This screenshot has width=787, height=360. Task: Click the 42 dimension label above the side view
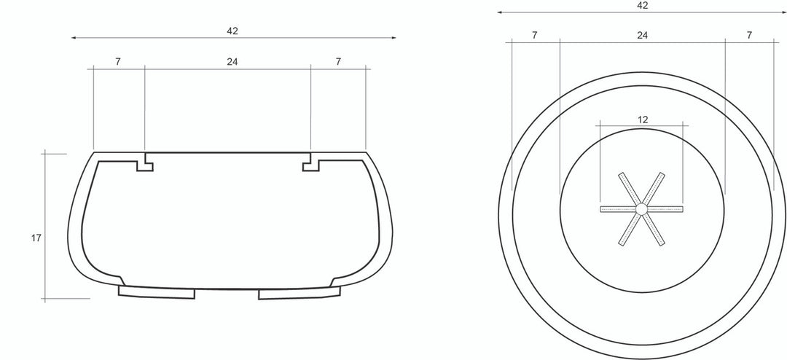pos(232,31)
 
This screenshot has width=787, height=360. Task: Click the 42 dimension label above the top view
pos(642,6)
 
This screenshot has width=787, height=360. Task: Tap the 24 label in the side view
pos(232,62)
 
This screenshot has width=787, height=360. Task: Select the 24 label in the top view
pos(643,35)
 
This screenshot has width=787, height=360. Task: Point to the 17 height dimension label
pos(36,238)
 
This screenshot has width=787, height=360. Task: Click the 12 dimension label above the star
pos(643,120)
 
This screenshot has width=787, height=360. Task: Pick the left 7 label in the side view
pos(117,62)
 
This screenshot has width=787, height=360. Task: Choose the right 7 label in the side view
pos(338,62)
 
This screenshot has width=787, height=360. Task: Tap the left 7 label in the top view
pos(535,35)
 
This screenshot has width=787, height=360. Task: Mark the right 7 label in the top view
pos(749,35)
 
